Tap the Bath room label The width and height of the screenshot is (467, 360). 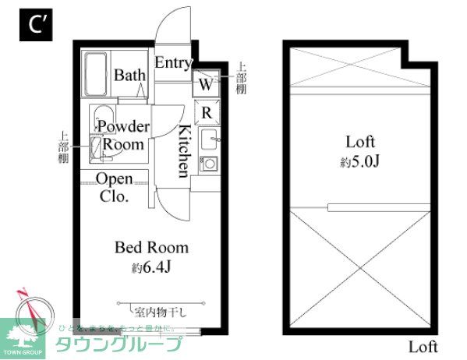(129, 76)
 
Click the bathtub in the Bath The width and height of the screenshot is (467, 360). (96, 75)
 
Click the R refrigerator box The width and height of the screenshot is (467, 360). (206, 113)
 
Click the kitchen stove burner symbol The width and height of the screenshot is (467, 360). (209, 164)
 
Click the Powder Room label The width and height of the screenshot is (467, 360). (122, 136)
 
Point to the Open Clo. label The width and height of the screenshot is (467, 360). (114, 188)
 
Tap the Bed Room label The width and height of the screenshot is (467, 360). (151, 248)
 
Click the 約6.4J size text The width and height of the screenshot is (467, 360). (151, 269)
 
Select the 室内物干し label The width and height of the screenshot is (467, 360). (161, 312)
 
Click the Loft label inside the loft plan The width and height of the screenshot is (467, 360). (360, 143)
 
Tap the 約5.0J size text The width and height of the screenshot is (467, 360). (360, 162)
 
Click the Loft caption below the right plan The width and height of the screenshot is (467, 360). (423, 347)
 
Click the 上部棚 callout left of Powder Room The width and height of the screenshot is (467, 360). (63, 146)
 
